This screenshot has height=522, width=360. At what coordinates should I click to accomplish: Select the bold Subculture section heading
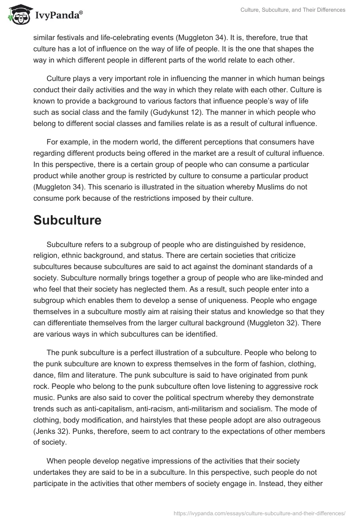67,220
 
